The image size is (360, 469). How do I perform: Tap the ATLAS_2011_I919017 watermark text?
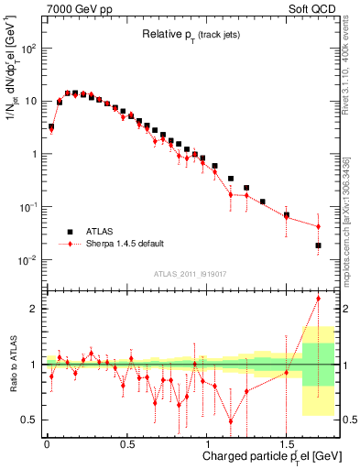191,273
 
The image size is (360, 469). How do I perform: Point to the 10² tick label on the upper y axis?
29,49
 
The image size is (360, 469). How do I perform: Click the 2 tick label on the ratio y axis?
34,309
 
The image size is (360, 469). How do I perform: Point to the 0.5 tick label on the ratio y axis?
29,420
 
